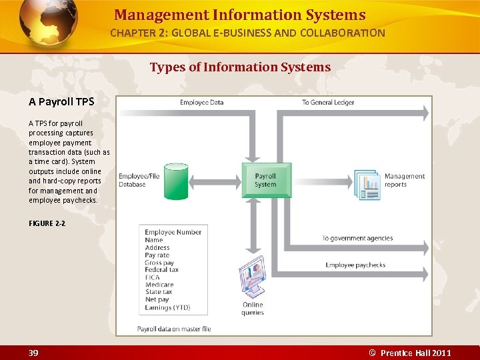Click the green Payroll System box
pos(266,180)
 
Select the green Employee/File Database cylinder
pos(177,179)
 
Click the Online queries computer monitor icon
pos(252,277)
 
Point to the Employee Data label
pos(201,102)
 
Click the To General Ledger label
pos(327,102)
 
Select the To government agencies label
pos(357,238)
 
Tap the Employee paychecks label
pos(355,265)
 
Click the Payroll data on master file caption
pos(174,329)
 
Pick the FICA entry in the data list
pos(153,277)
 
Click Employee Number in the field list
pos(173,232)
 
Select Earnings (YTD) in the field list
pos(167,307)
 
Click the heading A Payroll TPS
pos(61,102)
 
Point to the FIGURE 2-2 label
pos(47,223)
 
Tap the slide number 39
pos(33,353)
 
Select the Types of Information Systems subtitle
pos(240,67)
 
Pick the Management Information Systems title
pos(240,15)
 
